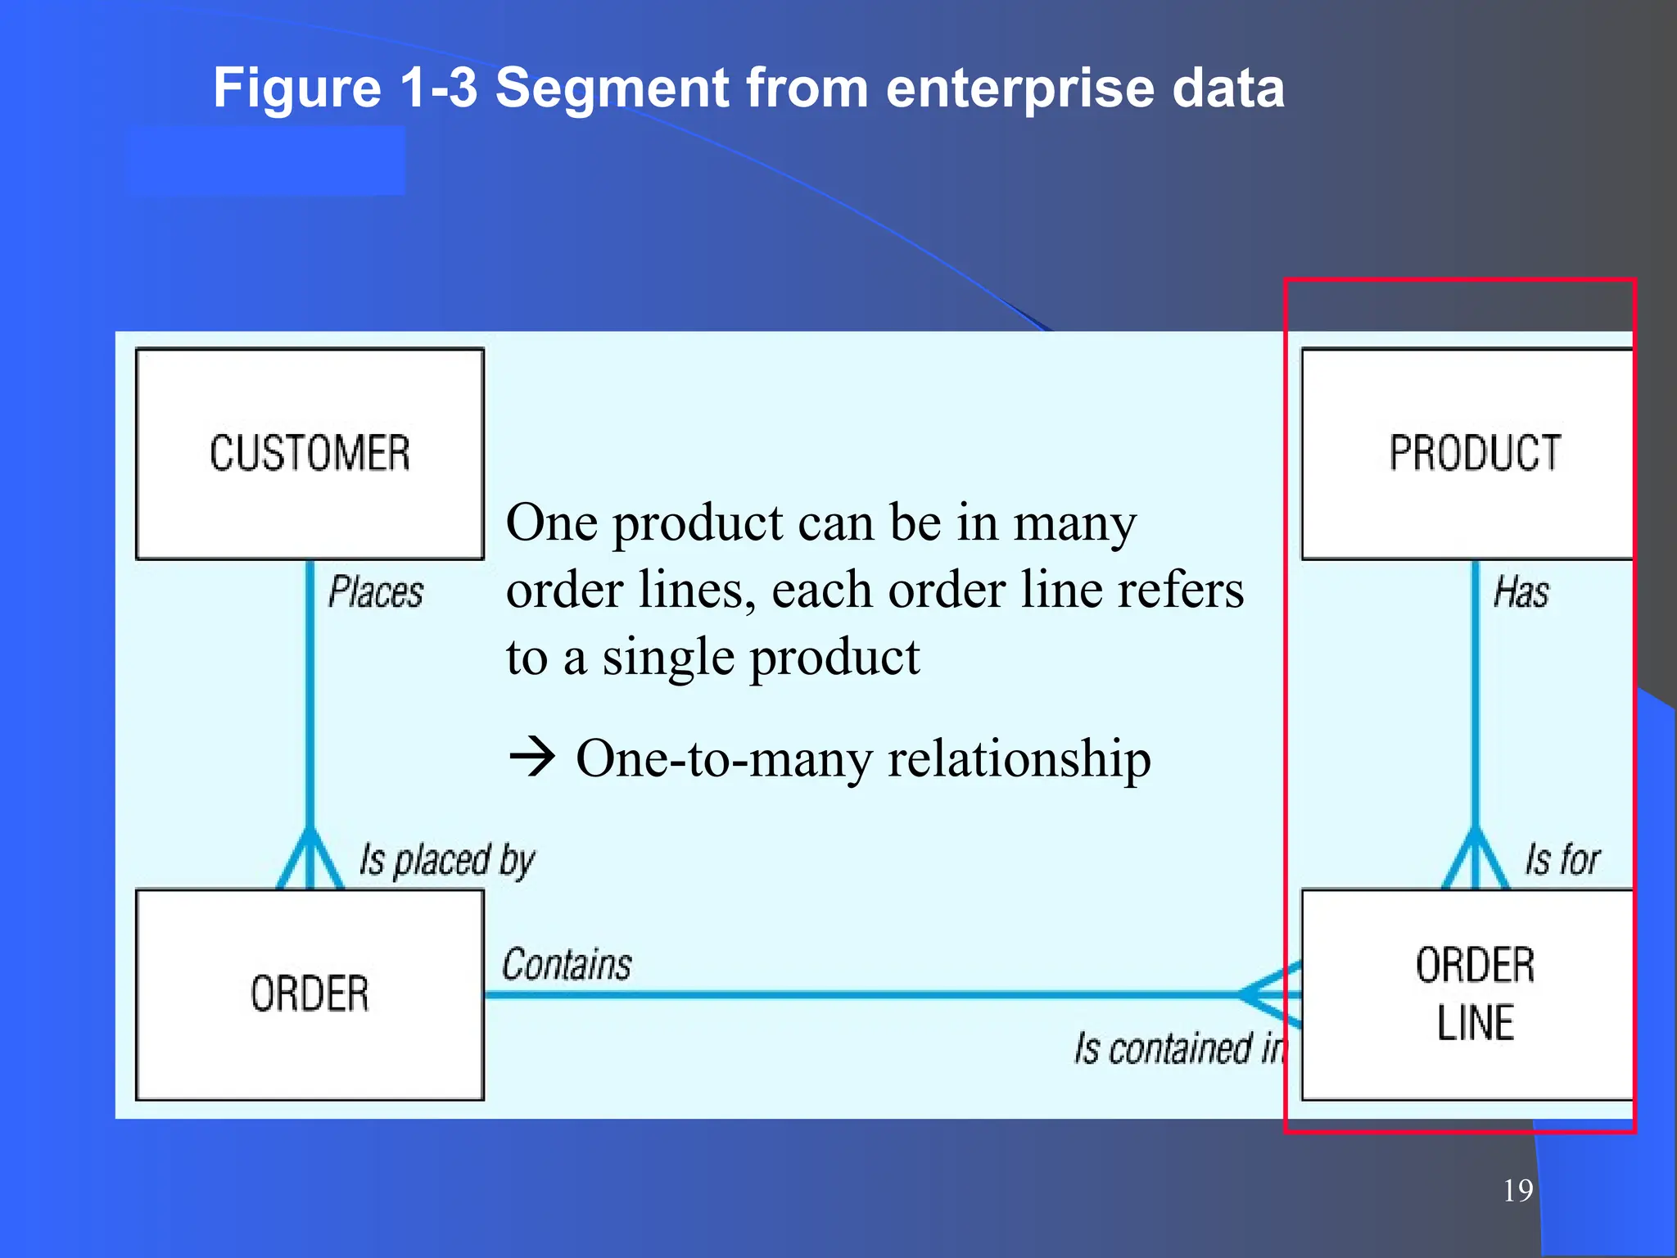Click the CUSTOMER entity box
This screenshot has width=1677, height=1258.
point(310,454)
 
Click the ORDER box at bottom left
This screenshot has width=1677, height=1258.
point(310,993)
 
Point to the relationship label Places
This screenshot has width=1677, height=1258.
point(376,592)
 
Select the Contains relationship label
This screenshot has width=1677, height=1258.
point(567,965)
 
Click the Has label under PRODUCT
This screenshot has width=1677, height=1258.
point(1521,592)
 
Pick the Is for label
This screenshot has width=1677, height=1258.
point(1562,860)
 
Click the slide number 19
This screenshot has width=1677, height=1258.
point(1517,1190)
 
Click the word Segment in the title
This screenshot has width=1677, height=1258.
point(612,88)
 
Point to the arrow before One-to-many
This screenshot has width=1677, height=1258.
point(532,757)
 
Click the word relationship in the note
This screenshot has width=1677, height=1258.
point(1019,758)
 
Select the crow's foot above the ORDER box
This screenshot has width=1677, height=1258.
point(310,860)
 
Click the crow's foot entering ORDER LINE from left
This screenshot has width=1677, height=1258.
point(1269,993)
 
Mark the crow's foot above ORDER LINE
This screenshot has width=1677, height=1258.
point(1475,860)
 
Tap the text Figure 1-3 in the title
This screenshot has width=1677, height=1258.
point(345,88)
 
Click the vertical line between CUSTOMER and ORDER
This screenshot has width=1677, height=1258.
point(310,696)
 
